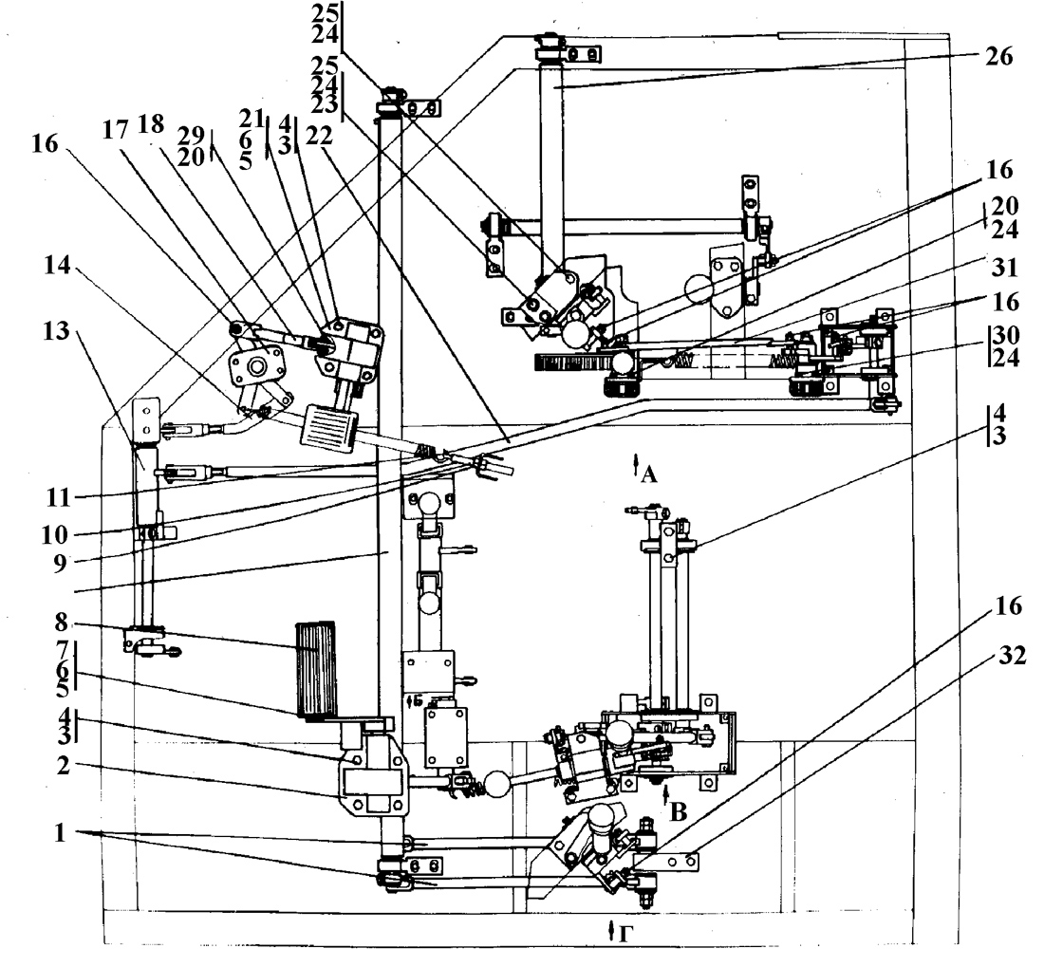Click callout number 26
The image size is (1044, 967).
coord(998,57)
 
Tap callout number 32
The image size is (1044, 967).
coord(1012,657)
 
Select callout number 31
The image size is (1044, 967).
coord(1005,268)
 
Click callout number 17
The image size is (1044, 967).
coord(115,130)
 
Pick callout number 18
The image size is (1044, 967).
coord(151,124)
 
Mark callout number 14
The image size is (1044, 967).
coord(57,266)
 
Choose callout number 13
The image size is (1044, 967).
coord(56,330)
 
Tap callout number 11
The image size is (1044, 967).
coord(58,497)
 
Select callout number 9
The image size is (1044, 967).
coord(60,564)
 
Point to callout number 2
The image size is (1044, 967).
coord(64,766)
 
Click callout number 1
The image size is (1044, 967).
coord(60,832)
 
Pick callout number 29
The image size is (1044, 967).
coord(191,135)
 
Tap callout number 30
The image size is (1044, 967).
coord(1005,335)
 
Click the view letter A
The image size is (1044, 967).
coord(649,474)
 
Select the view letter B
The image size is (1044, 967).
coord(679,812)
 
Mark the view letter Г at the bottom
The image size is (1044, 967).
coord(624,935)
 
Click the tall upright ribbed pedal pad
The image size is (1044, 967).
coord(316,671)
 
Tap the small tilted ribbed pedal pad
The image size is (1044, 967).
coord(329,428)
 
